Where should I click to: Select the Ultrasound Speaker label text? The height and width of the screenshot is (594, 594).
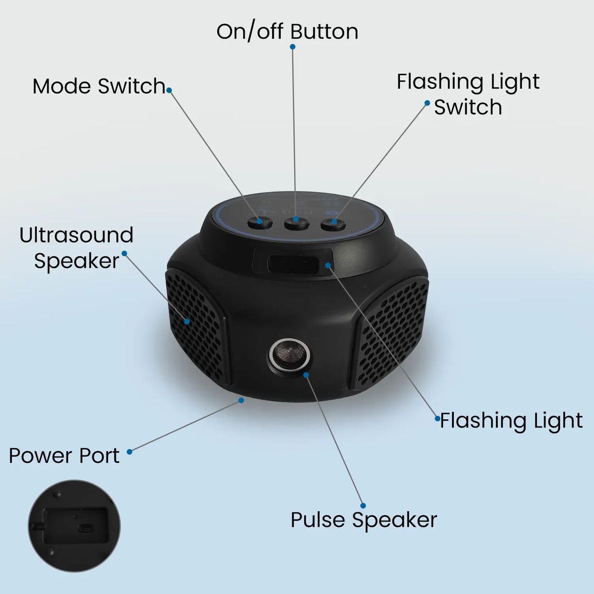76,248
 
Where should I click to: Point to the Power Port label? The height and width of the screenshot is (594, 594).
64,455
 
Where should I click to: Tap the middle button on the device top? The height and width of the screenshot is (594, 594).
296,223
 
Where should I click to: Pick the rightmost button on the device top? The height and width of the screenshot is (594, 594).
333,223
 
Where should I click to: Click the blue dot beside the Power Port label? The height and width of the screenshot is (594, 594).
129,452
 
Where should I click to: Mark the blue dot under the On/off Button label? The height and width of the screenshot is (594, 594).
293,47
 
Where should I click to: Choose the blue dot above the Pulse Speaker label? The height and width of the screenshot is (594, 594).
363,506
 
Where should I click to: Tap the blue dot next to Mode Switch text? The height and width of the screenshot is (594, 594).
169,90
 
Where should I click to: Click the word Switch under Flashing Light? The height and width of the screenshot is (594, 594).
468,107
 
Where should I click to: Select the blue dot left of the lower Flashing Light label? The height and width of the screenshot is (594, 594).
437,418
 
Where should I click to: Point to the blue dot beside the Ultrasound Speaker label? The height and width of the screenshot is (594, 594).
124,253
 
